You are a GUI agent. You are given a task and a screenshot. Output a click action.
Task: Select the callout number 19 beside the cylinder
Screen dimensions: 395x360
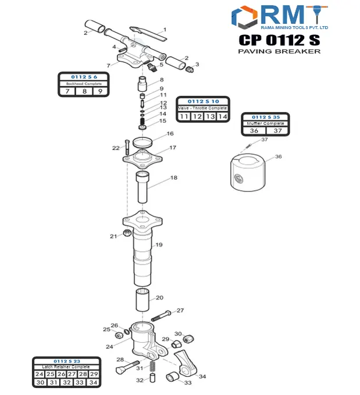coord(159,245)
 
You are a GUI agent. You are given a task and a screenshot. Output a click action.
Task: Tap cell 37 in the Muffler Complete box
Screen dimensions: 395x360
coord(278,131)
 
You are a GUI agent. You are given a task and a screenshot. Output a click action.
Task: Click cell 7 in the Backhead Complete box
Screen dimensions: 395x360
coord(67,91)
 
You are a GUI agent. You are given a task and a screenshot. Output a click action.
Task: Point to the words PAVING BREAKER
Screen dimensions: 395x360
coord(279,51)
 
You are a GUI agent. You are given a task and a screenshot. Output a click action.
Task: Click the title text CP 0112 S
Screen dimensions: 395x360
coord(279,40)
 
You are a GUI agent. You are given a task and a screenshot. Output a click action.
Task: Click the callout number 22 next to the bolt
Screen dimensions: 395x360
coord(116,148)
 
